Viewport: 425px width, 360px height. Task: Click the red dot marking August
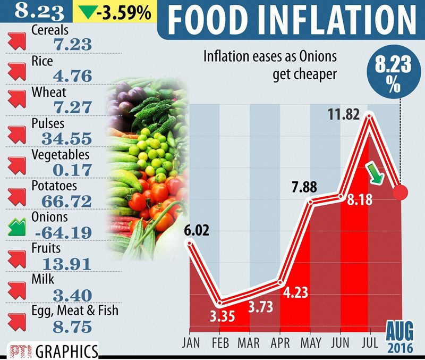(400, 192)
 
